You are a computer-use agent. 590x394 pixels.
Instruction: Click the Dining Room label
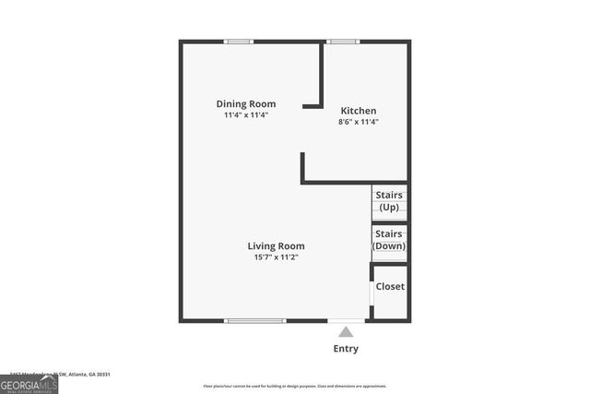(x=246, y=104)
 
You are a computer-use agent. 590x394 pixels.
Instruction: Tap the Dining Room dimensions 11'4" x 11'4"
(x=246, y=115)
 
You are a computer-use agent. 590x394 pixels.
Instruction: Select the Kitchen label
(x=359, y=111)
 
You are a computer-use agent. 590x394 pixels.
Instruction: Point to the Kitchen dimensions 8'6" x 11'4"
(x=359, y=122)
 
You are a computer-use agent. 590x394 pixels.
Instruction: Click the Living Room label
(x=276, y=246)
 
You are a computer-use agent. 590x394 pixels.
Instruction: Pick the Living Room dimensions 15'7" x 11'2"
(x=276, y=257)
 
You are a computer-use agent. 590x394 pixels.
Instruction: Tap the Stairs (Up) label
(x=389, y=201)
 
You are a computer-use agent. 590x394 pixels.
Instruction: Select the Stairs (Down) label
(x=389, y=240)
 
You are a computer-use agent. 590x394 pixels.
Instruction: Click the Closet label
(x=390, y=286)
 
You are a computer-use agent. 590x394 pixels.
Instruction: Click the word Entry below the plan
(x=346, y=349)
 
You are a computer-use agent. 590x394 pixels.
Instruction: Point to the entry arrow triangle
(x=346, y=331)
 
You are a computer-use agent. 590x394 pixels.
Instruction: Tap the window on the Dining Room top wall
(x=240, y=41)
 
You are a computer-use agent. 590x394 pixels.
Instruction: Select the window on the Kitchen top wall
(x=344, y=41)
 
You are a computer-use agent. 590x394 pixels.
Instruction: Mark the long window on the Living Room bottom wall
(x=255, y=321)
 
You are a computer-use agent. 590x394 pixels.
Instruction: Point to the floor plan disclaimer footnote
(x=295, y=386)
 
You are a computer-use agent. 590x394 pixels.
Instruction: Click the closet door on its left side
(x=371, y=299)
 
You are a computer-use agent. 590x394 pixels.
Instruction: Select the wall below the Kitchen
(x=355, y=182)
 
